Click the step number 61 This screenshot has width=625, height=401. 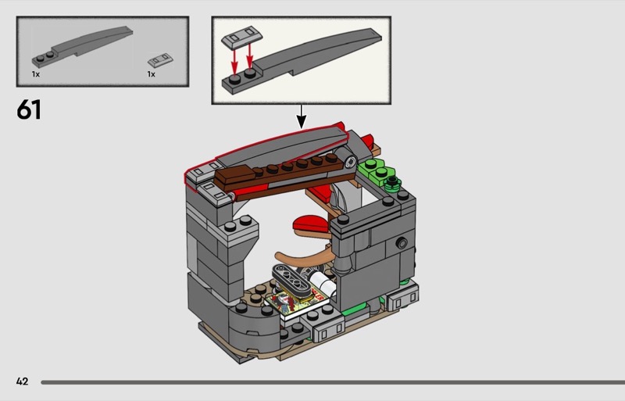(x=29, y=110)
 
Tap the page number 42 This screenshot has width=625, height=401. (x=22, y=381)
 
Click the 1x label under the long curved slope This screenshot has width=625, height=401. (x=36, y=73)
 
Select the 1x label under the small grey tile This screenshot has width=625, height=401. (x=152, y=73)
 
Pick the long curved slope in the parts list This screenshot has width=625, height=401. (x=86, y=48)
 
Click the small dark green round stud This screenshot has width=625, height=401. (x=393, y=184)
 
